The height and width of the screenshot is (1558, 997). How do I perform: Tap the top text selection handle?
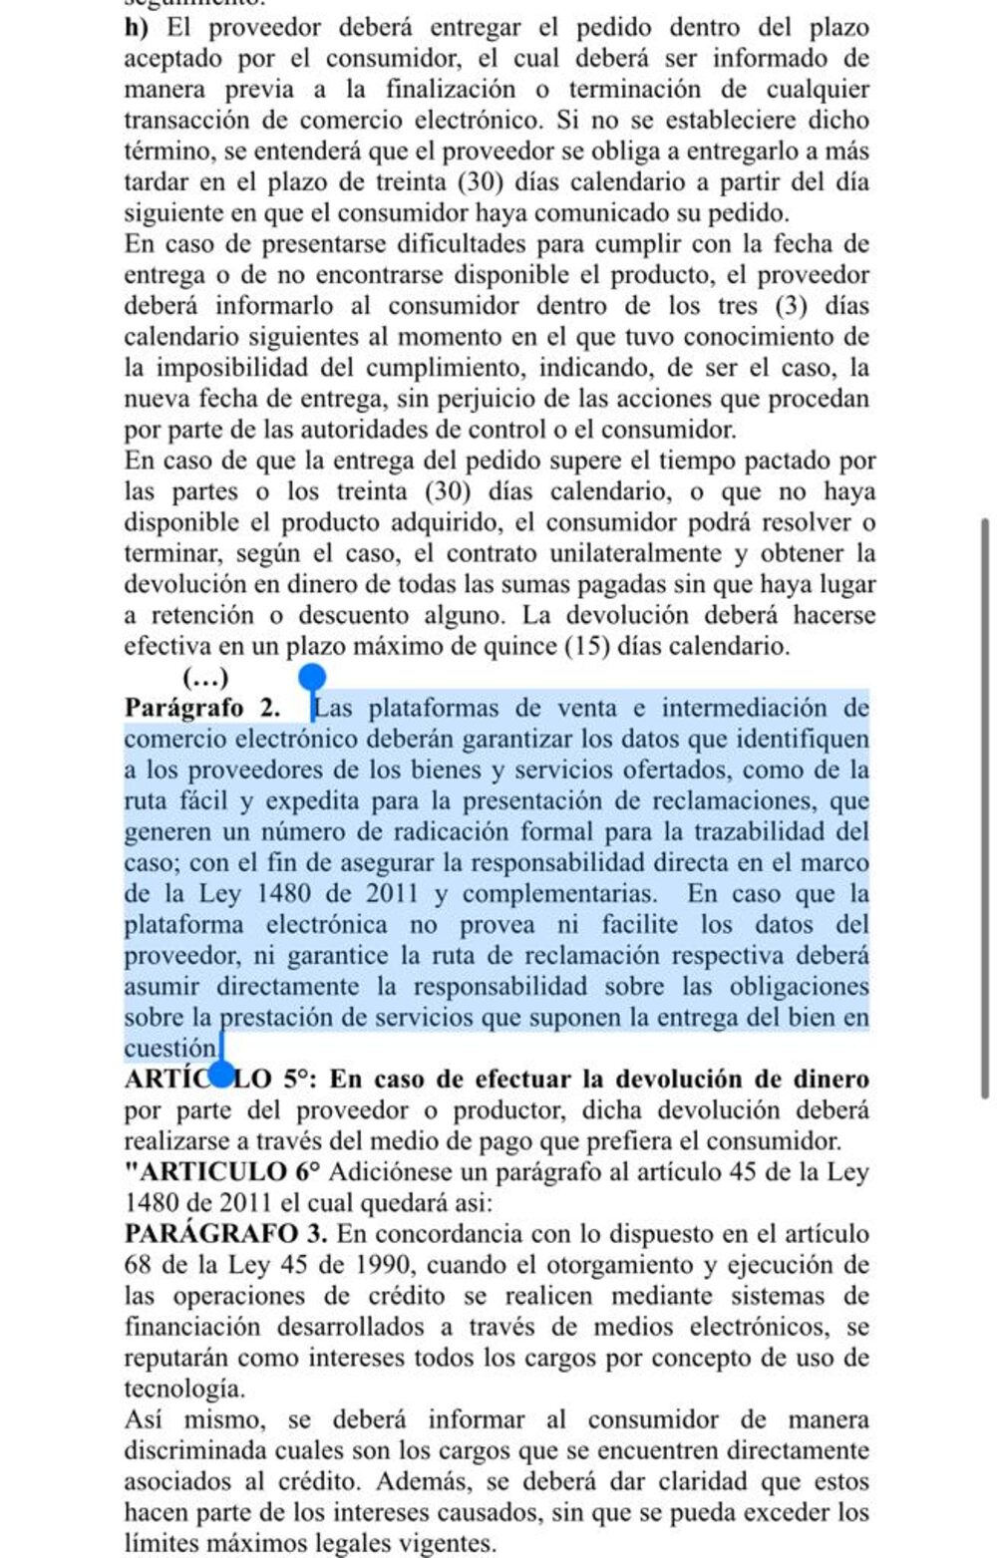tap(312, 677)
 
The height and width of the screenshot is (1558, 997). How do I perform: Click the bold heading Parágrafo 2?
tap(203, 708)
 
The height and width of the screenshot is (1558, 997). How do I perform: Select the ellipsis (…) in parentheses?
tap(206, 678)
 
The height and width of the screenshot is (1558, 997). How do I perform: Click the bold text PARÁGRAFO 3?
tap(225, 1234)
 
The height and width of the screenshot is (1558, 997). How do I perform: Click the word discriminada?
tap(189, 1450)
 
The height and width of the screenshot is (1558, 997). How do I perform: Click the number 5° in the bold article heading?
tap(301, 1080)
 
